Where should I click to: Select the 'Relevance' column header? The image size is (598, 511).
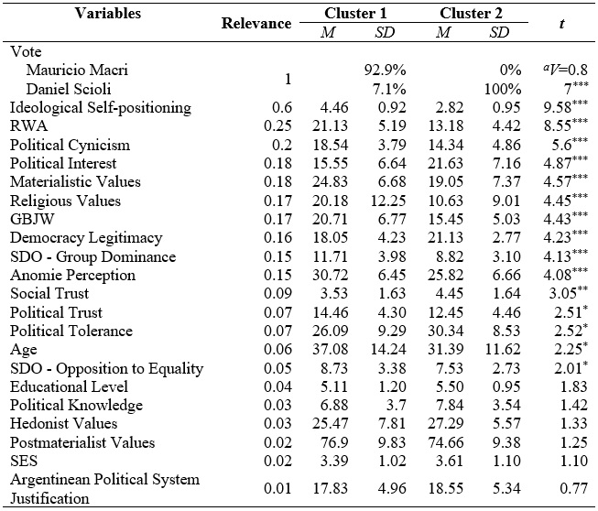pos(256,23)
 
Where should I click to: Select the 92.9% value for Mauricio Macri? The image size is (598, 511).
pos(385,70)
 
